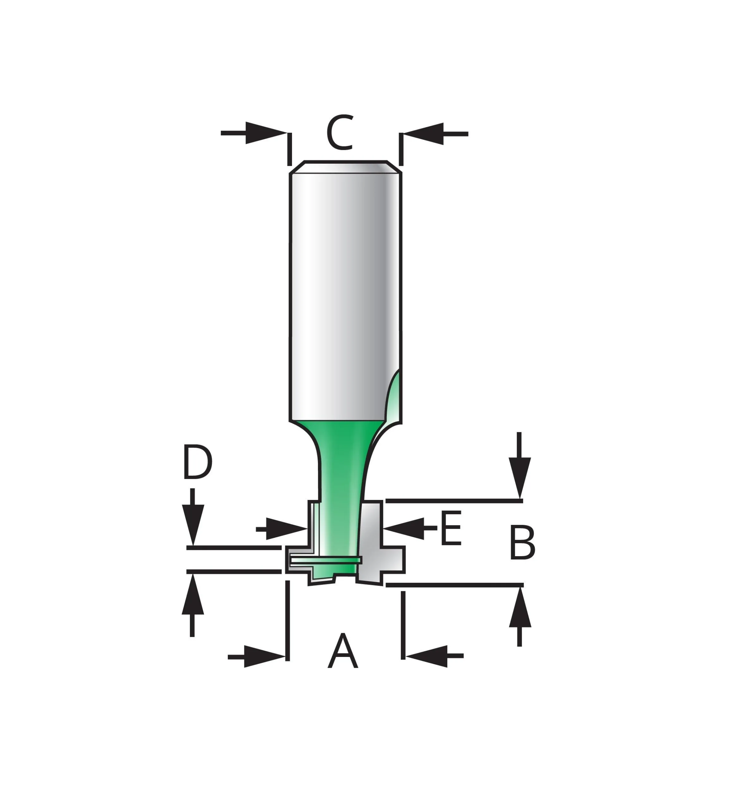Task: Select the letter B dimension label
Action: tap(522, 543)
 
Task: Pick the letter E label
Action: tap(451, 528)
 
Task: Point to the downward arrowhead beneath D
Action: tap(192, 524)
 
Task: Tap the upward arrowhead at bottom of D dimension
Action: tap(192, 594)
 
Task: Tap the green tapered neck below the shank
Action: tap(341, 459)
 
